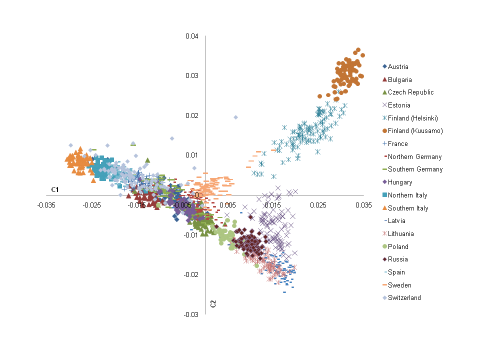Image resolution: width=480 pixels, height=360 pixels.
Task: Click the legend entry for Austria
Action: click(398, 66)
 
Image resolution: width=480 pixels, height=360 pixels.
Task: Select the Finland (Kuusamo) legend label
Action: click(415, 131)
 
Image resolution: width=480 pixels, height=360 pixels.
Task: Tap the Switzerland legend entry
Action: click(404, 298)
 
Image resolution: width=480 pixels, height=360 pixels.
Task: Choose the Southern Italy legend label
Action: click(408, 208)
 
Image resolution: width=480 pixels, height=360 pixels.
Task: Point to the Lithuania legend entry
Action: click(400, 234)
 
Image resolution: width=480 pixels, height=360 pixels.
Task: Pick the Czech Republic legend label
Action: click(410, 92)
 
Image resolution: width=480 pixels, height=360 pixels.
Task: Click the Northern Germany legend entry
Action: click(414, 156)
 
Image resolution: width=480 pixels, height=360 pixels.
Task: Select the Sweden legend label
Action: click(399, 285)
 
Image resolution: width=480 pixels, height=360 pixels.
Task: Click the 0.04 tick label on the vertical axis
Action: click(192, 36)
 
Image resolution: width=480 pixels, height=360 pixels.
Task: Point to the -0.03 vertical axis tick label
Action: click(191, 314)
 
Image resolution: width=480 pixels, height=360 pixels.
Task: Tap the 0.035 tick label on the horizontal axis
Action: click(363, 205)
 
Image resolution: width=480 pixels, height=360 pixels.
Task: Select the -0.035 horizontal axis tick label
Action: click(46, 205)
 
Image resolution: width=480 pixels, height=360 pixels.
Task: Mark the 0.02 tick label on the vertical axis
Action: click(192, 115)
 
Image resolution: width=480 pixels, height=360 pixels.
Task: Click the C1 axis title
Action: click(55, 189)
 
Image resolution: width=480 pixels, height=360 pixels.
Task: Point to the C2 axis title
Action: click(212, 303)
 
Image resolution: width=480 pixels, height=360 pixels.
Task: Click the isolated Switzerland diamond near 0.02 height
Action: click(235, 117)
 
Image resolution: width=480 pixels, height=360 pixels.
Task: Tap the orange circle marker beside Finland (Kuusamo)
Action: click(384, 131)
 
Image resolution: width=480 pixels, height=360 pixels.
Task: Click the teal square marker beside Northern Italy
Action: click(384, 195)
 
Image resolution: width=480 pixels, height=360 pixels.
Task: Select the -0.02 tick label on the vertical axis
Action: click(191, 274)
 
